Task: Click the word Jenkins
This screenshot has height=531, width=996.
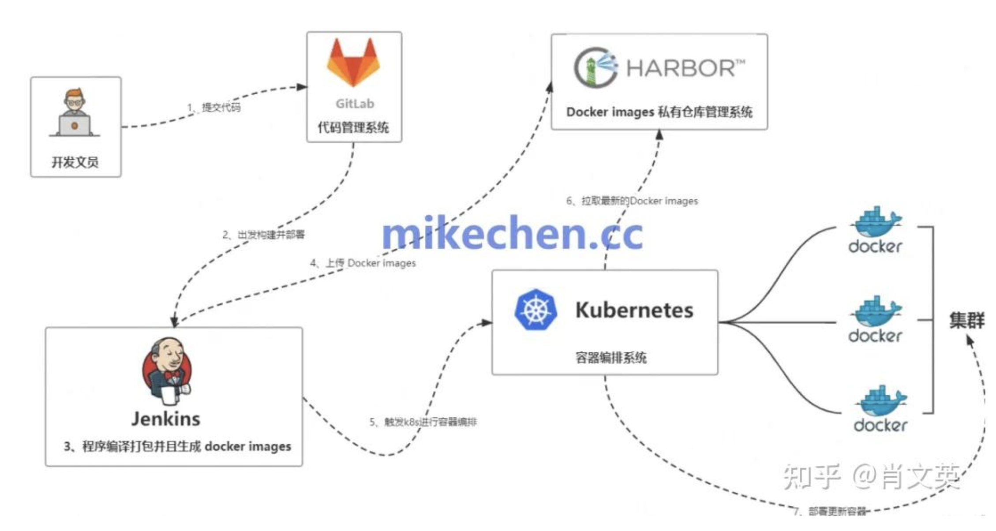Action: pos(166,419)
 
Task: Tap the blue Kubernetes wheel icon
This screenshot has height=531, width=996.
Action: pos(535,310)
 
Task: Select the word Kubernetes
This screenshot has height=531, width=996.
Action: pos(634,310)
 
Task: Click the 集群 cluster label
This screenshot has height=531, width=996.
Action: pos(966,320)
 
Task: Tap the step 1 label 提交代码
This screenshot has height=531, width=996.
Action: pos(214,107)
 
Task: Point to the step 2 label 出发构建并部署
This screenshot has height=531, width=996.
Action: pos(263,234)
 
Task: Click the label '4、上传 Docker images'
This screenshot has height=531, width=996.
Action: pos(363,263)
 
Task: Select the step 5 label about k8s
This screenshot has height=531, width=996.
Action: pos(423,422)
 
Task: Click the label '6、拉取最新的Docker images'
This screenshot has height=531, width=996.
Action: pos(632,201)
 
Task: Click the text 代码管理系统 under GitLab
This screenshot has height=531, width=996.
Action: pos(353,128)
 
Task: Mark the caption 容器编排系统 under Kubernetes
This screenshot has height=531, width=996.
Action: pos(611,357)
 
